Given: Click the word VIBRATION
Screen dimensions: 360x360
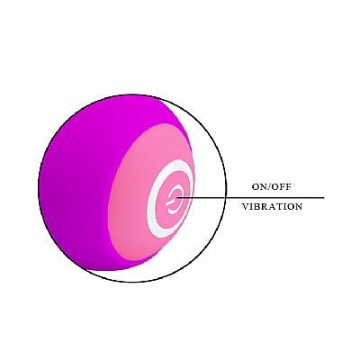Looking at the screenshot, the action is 272,206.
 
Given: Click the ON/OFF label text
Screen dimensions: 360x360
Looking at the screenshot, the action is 272,187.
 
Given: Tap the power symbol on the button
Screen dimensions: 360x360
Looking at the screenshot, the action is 174,199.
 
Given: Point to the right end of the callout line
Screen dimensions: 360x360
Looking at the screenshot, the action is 324,198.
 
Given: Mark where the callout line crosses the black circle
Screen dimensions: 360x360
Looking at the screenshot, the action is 225,198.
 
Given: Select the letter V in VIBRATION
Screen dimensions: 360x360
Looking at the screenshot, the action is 246,206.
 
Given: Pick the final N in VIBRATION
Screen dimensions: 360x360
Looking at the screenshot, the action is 298,206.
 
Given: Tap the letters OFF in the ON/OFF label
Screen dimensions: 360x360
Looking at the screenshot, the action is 282,187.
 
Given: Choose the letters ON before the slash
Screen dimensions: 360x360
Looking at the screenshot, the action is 259,187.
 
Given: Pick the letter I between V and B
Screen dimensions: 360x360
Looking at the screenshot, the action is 251,206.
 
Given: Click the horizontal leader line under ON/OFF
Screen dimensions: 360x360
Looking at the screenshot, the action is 250,198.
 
